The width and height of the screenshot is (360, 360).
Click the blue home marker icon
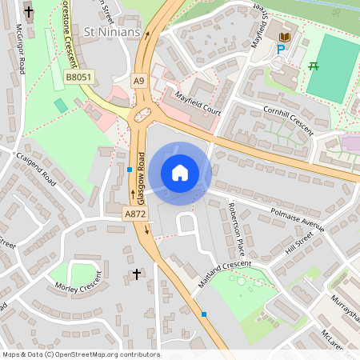[180, 173]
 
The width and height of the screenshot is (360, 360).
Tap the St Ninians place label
[113, 32]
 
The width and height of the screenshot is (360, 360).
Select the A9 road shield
[139, 80]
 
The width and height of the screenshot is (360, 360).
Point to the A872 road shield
[134, 214]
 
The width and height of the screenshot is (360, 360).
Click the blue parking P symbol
[280, 50]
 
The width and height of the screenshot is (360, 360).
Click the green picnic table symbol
[314, 66]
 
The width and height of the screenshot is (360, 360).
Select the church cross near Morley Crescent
[136, 274]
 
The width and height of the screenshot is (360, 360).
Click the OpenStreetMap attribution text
[81, 354]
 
